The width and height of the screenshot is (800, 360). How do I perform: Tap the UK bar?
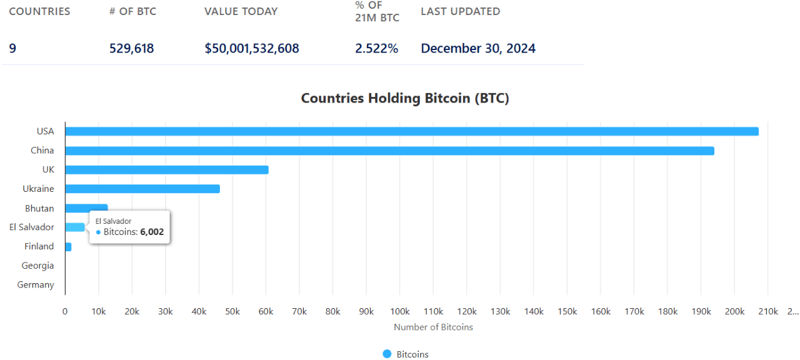[167, 170]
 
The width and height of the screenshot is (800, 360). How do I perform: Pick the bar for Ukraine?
[142, 189]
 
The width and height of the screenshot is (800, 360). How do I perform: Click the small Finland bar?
[68, 247]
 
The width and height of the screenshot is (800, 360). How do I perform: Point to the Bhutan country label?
[39, 208]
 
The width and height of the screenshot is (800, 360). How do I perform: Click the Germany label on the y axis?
[36, 285]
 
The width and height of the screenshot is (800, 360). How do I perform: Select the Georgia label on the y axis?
[37, 266]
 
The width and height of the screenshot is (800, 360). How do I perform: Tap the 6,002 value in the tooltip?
[152, 232]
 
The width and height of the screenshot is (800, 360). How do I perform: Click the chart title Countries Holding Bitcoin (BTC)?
[405, 98]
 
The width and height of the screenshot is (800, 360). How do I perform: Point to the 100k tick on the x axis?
[399, 311]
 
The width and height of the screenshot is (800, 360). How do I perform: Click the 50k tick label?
[232, 311]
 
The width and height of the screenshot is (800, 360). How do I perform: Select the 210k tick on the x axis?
[767, 311]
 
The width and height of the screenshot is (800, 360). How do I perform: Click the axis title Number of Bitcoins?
[433, 327]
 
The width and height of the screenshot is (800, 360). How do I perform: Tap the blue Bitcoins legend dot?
[387, 354]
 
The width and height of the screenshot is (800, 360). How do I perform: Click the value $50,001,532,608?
[252, 49]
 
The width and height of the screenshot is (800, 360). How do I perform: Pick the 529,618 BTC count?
[131, 49]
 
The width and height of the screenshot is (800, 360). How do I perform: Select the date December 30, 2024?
[478, 49]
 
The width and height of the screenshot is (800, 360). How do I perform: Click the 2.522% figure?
[376, 49]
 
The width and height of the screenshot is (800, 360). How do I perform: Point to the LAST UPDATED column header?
[460, 11]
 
